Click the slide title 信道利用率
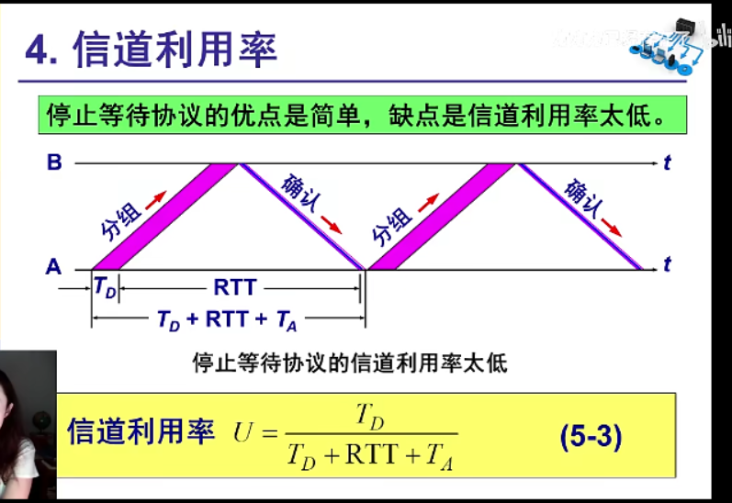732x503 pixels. coord(174,50)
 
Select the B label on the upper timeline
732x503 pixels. coord(54,163)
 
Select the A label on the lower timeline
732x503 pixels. coord(53,268)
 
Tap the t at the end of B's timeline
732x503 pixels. coord(667,163)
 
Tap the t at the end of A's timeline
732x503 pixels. coord(667,266)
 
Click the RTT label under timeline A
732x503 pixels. coord(235,288)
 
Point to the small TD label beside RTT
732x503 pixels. coord(105,286)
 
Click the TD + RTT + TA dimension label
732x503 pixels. coord(228,319)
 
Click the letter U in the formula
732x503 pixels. coord(244,433)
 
